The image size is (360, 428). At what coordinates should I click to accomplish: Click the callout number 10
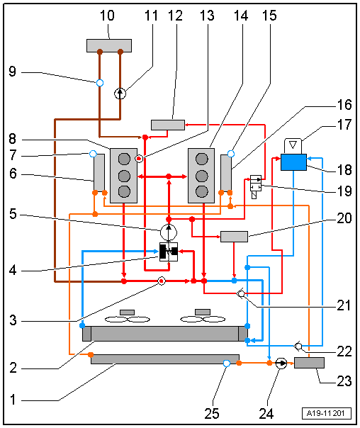coord(107,16)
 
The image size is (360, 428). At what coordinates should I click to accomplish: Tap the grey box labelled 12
coord(168,125)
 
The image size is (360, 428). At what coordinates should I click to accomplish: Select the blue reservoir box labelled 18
coord(293,162)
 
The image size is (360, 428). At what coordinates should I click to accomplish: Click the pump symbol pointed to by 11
coord(120,94)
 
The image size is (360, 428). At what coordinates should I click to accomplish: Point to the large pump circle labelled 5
coord(169,232)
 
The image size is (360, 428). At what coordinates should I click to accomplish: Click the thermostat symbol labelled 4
coord(169,252)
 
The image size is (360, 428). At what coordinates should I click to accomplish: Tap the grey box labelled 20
coord(234,237)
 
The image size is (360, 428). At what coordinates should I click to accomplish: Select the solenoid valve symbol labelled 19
coord(256,186)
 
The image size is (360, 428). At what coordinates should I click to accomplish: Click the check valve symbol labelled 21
coord(241,293)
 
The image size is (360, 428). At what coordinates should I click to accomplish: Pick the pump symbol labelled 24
coord(281,364)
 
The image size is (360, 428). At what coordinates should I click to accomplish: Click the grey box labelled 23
coord(309,363)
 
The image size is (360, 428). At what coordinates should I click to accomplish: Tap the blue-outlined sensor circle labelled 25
coord(227,364)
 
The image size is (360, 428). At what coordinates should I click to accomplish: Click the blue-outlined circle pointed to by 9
coord(100,83)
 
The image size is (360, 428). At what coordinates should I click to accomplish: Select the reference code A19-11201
coord(326,413)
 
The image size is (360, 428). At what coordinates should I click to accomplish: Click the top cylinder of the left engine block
coord(124,159)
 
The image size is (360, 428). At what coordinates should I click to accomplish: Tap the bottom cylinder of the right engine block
coord(202,191)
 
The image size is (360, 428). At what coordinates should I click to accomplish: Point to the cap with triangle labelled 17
coord(293,146)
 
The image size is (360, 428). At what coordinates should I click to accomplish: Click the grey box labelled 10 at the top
coord(109,45)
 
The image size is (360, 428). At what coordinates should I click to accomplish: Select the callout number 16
coord(344,105)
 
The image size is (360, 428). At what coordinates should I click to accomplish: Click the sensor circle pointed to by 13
coord(139,158)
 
